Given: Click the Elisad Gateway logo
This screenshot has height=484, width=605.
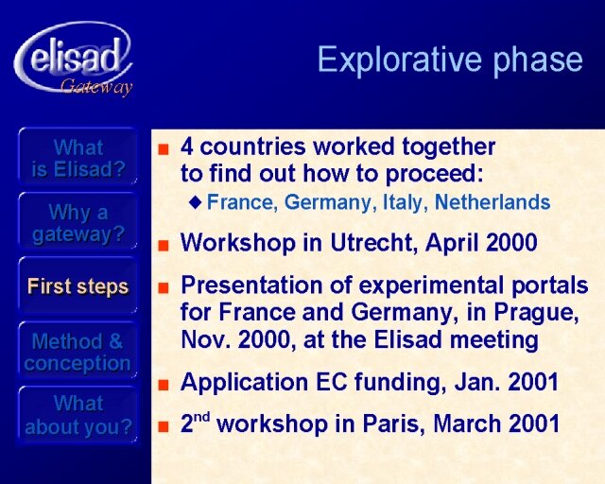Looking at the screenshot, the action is tap(74, 59).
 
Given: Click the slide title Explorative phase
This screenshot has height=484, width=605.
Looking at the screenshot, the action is tap(450, 60).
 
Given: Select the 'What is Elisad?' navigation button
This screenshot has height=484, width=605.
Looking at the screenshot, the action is tap(78, 158).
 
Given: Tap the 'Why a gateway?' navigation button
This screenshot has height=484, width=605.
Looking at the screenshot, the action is tap(78, 223).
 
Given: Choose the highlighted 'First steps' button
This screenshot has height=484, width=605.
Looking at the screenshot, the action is tap(78, 286).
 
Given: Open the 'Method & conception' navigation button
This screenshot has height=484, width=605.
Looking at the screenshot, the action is tap(78, 352).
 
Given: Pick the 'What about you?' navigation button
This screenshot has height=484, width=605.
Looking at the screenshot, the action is tap(78, 415).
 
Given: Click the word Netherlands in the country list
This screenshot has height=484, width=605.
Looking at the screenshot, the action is tap(493, 202).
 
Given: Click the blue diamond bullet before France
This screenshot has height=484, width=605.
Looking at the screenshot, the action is tap(196, 202).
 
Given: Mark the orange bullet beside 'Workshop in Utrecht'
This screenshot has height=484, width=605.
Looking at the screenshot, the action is tap(164, 245).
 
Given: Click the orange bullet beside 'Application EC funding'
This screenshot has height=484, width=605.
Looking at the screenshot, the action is tap(164, 385).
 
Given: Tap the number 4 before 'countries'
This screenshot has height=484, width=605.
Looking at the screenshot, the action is tap(187, 147).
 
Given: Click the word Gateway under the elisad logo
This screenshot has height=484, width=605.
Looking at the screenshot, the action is tap(96, 86).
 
